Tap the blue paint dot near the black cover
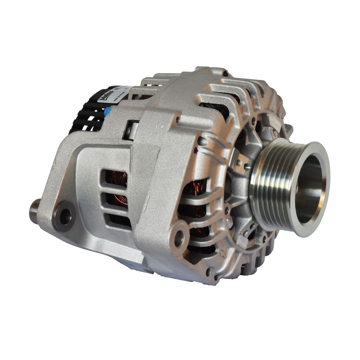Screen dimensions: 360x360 pyautogui.click(x=108, y=112)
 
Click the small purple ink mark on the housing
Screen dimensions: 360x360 pyautogui.click(x=195, y=151)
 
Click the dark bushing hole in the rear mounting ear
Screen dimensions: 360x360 pyautogui.click(x=65, y=216)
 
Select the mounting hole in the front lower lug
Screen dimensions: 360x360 pyautogui.click(x=179, y=238)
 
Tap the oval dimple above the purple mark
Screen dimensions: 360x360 pyautogui.click(x=202, y=141)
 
